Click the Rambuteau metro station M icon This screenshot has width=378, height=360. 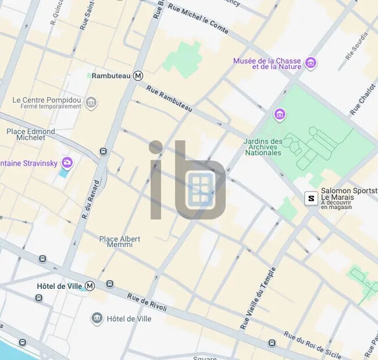pyautogui.click(x=138, y=76)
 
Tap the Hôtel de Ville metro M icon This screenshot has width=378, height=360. pyautogui.click(x=90, y=286)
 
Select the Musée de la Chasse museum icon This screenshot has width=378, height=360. pyautogui.click(x=311, y=63)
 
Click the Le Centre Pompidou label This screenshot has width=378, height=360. pyautogui.click(x=47, y=100)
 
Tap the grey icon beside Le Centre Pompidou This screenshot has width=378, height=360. pyautogui.click(x=91, y=104)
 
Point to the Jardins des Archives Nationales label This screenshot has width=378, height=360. pyautogui.click(x=262, y=147)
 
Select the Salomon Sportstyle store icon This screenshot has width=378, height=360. pyautogui.click(x=312, y=199)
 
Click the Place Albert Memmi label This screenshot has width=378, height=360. pyautogui.click(x=120, y=242)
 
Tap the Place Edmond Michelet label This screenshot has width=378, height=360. pyautogui.click(x=31, y=135)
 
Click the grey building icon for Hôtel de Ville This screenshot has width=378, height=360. pyautogui.click(x=97, y=319)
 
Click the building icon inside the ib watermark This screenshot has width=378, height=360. pyautogui.click(x=199, y=189)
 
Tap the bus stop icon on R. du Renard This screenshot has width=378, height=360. pyautogui.click(x=104, y=151)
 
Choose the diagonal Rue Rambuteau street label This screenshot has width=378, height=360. pyautogui.click(x=169, y=98)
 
